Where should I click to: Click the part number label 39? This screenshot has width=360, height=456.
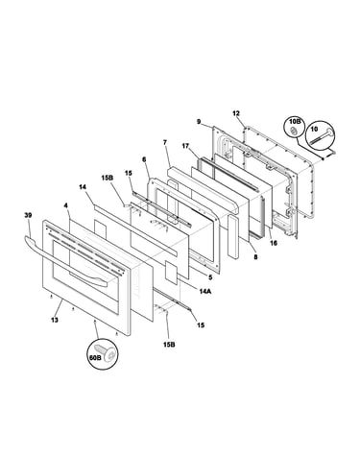pos(28,215)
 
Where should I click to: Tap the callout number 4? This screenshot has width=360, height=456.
pos(66,205)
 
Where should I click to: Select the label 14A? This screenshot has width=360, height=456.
pos(204,291)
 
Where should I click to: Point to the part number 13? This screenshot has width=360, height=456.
pos(55,320)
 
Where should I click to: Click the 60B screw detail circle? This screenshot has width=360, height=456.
pos(102,354)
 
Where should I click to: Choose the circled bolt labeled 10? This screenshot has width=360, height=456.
pos(321,135)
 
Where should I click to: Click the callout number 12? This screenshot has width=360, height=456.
pos(236,113)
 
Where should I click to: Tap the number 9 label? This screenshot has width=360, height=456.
pos(199,122)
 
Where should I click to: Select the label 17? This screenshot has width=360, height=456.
pos(185,146)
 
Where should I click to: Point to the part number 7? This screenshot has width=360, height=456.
pos(165,142)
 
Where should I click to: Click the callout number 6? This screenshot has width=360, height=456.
pos(144,158)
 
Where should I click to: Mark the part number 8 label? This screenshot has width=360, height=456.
pos(255,256)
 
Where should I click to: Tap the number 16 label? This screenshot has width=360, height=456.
pos(274,243)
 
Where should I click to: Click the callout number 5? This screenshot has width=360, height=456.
pos(210,277)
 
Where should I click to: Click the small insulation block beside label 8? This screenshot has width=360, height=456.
pos(232,237)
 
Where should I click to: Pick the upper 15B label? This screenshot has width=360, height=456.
pos(107,178)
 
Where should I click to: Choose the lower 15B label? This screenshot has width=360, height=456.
pos(169,345)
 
